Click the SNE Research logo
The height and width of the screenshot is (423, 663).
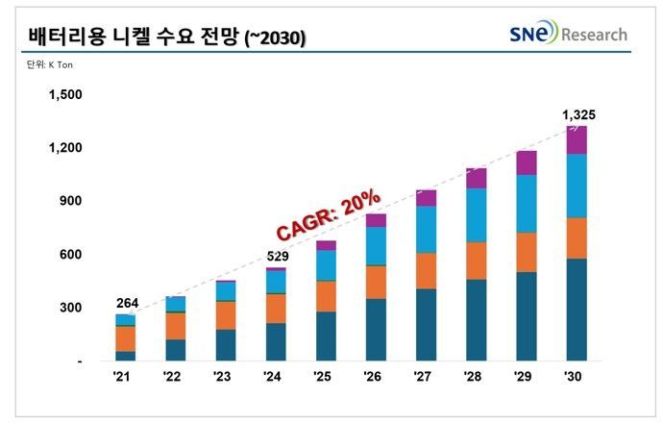click(568, 35)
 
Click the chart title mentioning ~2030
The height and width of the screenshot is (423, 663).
click(159, 37)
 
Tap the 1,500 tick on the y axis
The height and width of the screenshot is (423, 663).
click(65, 94)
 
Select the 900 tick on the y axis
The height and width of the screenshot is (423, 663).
click(71, 201)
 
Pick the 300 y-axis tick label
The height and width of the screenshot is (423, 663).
click(71, 308)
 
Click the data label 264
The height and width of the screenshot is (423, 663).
click(126, 303)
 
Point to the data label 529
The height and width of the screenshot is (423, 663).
click(275, 256)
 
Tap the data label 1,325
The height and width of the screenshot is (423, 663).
click(577, 114)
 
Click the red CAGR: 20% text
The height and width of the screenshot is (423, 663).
click(328, 217)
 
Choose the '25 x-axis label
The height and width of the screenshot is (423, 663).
click(325, 377)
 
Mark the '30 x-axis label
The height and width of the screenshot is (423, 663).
click(574, 377)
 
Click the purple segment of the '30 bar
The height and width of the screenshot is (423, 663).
click(576, 140)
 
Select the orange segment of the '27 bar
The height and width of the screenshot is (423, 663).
click(426, 270)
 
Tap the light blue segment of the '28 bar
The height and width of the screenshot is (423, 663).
click(476, 214)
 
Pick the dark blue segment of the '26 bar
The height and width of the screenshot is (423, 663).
click(376, 330)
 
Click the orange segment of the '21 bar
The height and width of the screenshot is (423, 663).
click(126, 338)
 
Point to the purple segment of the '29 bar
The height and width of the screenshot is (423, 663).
click(526, 162)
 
